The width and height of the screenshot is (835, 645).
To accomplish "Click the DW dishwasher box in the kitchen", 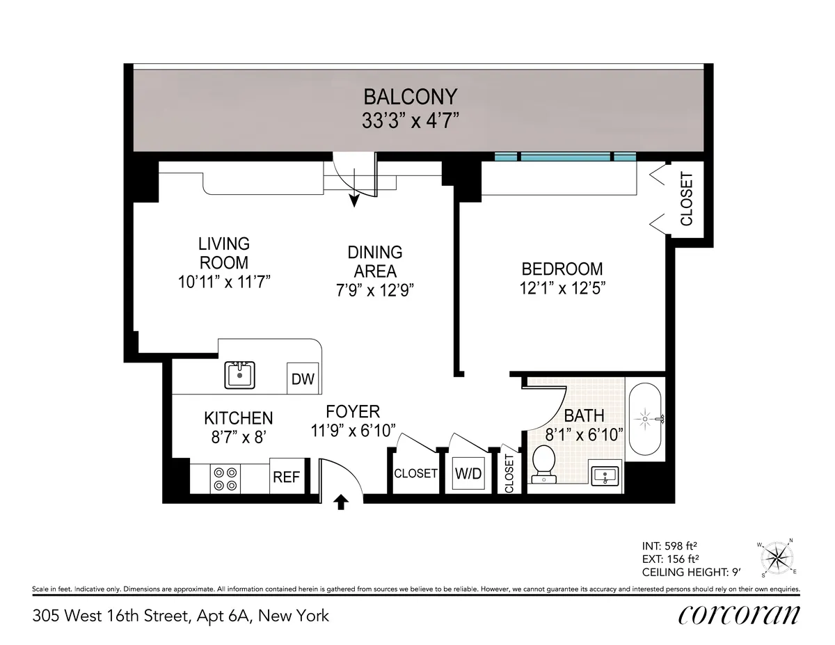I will coord(303,379).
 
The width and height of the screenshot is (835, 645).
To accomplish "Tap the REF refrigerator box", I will coord(286,477).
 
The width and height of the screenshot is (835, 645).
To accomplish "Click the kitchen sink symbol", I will coord(240,375).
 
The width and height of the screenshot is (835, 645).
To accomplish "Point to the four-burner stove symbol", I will coord(225,479).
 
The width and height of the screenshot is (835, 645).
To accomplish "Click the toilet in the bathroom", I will coord(542,464).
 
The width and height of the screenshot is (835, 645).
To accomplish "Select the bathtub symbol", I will coord(646,419).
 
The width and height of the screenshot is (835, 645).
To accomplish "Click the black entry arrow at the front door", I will coord(341,502).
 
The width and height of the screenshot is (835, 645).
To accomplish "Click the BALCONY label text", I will coord(411,97).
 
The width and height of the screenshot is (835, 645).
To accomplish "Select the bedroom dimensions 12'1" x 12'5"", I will coord(562,288).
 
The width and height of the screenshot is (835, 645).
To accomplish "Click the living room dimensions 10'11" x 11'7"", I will coord(223,281).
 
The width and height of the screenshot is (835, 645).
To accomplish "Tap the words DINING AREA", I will coord(375,262).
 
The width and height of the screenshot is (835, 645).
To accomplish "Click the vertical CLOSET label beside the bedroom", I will coord(687,198).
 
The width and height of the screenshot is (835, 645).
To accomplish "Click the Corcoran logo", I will coord(738,614).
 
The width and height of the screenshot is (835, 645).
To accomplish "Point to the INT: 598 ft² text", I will coord(671,545).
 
